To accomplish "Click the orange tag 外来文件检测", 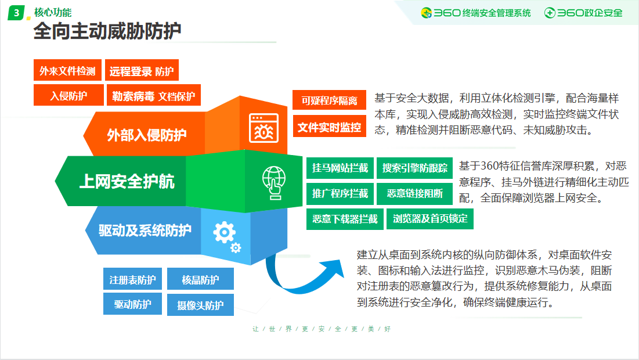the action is pyautogui.click(x=67, y=70).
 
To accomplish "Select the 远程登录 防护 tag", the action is pyautogui.click(x=142, y=70).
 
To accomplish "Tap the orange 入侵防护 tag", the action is pyautogui.click(x=68, y=95).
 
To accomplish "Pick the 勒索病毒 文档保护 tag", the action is pyautogui.click(x=153, y=95).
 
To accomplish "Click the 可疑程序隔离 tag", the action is pyautogui.click(x=329, y=100).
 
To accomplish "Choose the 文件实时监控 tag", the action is pyautogui.click(x=329, y=127).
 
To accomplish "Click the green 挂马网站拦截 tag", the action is pyautogui.click(x=340, y=168).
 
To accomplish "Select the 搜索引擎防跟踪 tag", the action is pyautogui.click(x=414, y=168).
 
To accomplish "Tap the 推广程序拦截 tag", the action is pyautogui.click(x=340, y=194).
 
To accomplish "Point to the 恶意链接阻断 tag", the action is pyautogui.click(x=414, y=194).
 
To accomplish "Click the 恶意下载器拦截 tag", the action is pyautogui.click(x=345, y=219).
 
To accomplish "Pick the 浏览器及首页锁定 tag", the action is pyautogui.click(x=429, y=219).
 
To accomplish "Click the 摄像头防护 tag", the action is pyautogui.click(x=200, y=305).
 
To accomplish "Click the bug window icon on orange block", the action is pyautogui.click(x=263, y=128).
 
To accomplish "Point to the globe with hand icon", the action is pyautogui.click(x=274, y=182).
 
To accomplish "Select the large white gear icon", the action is pyautogui.click(x=224, y=232).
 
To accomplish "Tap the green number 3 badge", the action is pyautogui.click(x=16, y=13).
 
